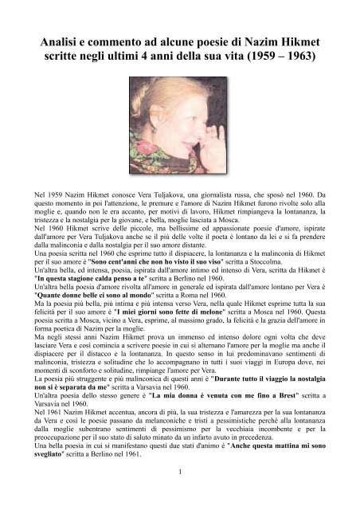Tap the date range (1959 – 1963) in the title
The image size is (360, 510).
tap(292, 59)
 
